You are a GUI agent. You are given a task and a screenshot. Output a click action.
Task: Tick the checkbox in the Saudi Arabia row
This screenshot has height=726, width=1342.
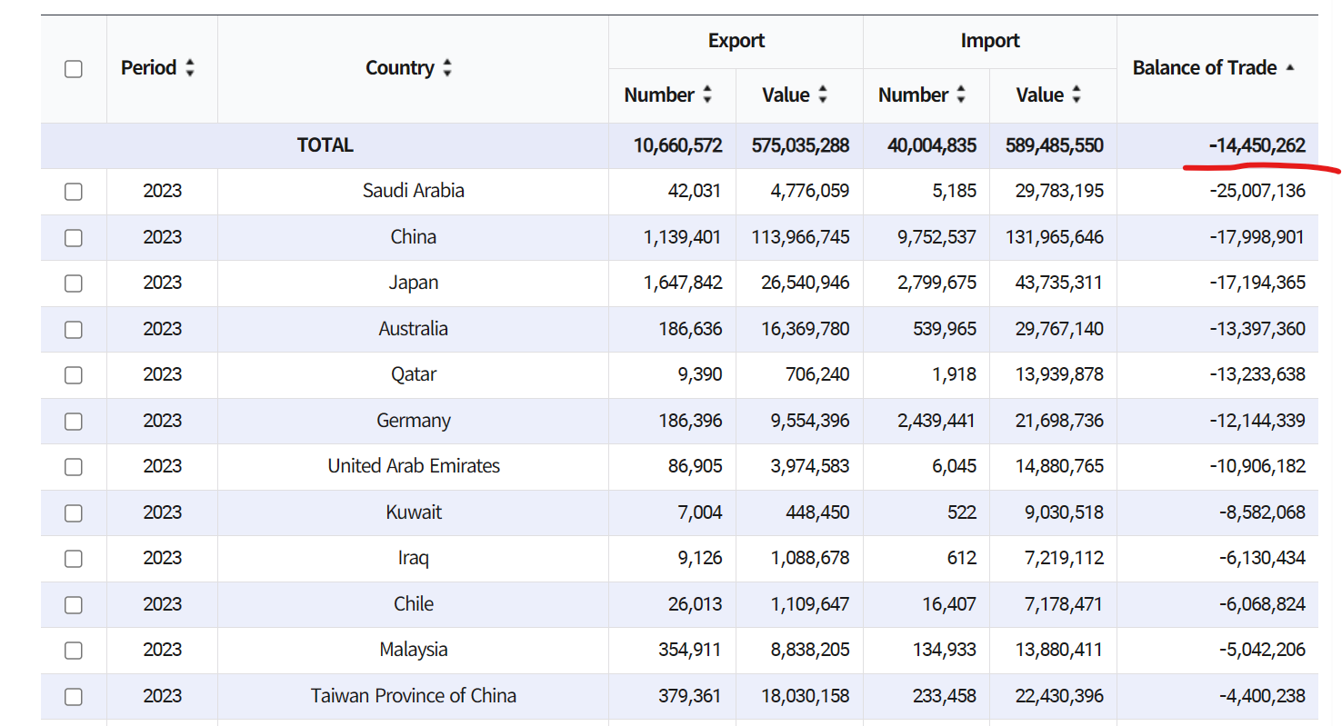point(74,192)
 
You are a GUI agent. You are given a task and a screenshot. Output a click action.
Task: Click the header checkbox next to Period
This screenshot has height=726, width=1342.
point(74,69)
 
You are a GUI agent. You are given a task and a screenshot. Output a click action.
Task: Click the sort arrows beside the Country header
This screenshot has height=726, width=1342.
point(447,68)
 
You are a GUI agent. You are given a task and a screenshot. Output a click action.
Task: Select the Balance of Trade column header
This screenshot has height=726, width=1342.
point(1205,68)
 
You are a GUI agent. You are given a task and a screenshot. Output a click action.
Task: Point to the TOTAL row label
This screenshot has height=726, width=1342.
point(325,145)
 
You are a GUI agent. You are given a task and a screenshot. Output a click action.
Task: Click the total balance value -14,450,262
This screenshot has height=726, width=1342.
point(1257,145)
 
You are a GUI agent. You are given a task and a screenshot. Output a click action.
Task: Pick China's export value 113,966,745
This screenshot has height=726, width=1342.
point(800,237)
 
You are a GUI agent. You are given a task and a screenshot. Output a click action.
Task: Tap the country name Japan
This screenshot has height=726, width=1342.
point(414,283)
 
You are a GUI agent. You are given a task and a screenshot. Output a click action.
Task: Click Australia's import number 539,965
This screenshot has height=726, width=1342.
point(945,329)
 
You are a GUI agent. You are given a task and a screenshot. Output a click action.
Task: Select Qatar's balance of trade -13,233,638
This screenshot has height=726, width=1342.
point(1257,374)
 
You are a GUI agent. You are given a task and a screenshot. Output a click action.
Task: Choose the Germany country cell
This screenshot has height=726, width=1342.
point(414,421)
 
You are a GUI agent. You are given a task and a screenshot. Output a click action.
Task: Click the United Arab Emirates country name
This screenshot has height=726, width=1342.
point(414,466)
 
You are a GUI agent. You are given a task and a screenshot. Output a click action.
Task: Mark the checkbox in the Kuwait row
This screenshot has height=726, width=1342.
point(74,512)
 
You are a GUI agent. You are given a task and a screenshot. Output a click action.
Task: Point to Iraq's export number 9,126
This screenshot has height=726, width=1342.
point(700,558)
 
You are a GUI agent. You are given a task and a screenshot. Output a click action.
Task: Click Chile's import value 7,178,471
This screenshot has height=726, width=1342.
point(1064,604)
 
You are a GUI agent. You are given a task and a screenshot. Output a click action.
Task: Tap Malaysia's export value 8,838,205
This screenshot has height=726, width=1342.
point(805,650)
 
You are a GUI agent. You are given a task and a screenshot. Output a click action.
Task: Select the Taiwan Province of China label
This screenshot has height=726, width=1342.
point(414,696)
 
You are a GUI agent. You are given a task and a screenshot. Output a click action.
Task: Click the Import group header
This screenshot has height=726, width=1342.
point(989,41)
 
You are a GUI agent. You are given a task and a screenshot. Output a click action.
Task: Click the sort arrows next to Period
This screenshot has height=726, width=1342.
point(189,68)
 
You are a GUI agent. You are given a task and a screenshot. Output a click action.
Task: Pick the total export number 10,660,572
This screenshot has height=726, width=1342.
point(677,145)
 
